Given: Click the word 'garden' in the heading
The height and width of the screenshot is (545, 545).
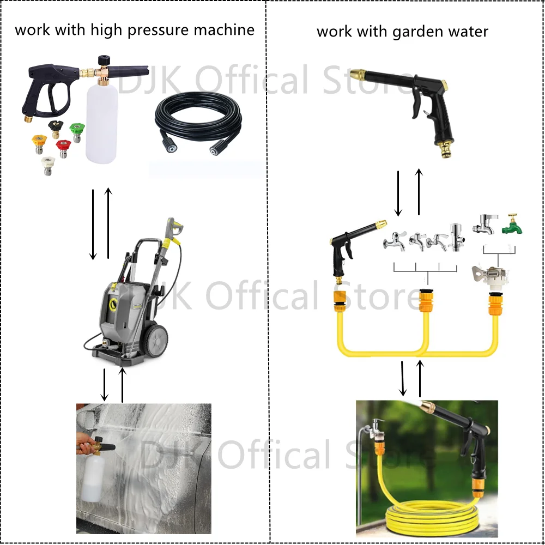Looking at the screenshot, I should (404, 31).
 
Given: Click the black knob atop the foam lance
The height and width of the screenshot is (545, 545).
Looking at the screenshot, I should (103, 59).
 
